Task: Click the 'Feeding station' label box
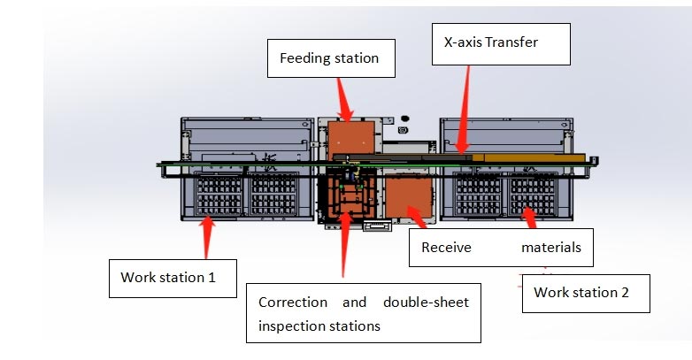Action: point(329,58)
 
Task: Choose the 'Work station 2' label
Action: point(586,293)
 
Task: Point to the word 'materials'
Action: point(550,248)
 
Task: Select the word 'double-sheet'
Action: point(426,303)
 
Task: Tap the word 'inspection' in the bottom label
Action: point(291,326)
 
